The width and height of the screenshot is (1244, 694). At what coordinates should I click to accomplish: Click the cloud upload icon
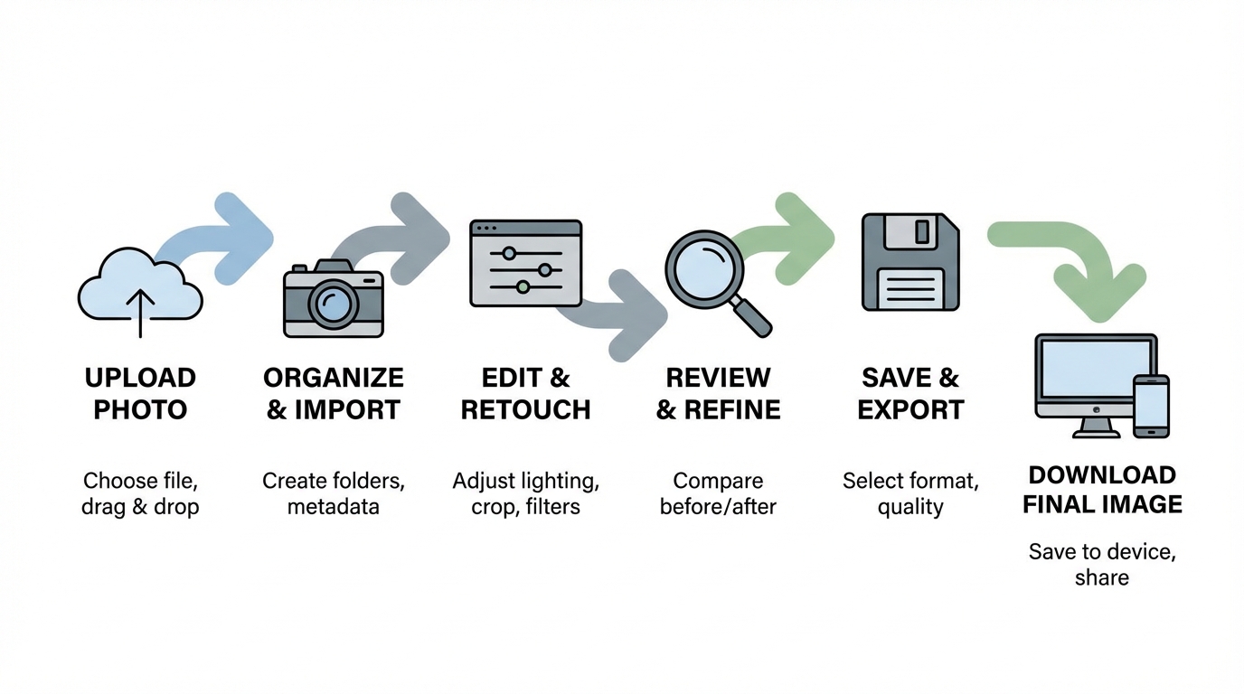click(x=140, y=287)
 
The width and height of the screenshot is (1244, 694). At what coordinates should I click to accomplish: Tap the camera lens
click(x=334, y=304)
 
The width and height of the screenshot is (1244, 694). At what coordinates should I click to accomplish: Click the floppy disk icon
click(x=909, y=262)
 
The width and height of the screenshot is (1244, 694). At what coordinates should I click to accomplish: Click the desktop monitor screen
click(x=1095, y=371)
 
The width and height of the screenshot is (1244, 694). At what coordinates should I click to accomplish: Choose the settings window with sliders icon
click(x=525, y=263)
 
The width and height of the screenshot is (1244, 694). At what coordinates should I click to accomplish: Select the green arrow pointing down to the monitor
click(x=1085, y=258)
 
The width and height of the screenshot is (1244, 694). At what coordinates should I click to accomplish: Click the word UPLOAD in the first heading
click(x=140, y=378)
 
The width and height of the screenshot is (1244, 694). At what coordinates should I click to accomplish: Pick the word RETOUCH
click(x=525, y=409)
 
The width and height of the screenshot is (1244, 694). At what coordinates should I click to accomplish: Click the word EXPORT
click(x=910, y=409)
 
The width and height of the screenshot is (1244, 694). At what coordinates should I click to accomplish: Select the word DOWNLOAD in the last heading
click(x=1102, y=475)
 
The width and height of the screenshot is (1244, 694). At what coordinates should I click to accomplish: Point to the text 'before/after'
click(x=718, y=507)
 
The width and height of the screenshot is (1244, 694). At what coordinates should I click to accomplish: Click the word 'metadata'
click(x=333, y=507)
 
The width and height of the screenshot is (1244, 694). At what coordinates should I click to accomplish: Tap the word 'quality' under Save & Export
click(x=910, y=507)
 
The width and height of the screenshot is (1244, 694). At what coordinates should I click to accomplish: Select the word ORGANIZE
click(x=333, y=378)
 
